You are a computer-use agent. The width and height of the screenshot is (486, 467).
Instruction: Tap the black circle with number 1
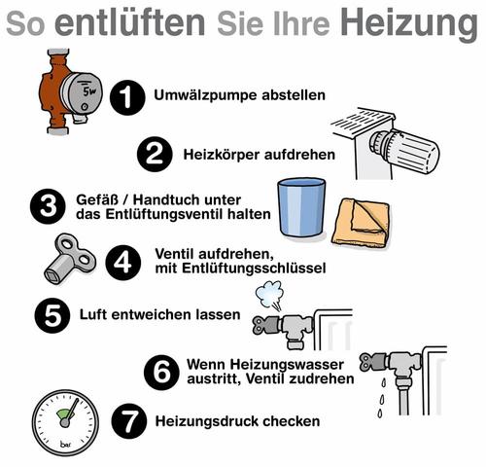pyautogui.click(x=125, y=96)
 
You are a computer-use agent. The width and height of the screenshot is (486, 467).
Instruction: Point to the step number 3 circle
pyautogui.click(x=44, y=207)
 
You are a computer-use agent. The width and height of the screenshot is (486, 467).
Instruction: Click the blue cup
pyautogui.click(x=300, y=206)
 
